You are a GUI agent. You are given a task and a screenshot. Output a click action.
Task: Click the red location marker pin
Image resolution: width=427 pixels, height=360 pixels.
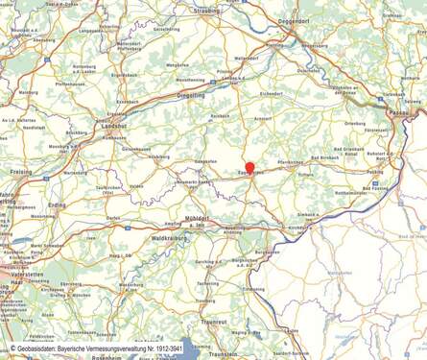[x=249, y=168]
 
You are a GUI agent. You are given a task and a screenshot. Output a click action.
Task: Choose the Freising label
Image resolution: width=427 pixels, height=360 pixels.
[x=20, y=172]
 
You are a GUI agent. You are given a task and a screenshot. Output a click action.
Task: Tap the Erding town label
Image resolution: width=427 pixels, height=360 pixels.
[x=57, y=204]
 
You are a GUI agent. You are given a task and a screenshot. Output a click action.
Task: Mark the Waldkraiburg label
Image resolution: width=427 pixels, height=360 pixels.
[x=169, y=236]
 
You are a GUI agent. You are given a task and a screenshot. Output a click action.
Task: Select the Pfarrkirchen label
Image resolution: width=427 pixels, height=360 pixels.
[x=291, y=164]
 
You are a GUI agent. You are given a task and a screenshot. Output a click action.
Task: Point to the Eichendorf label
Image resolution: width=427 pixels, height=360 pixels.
[x=272, y=94]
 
